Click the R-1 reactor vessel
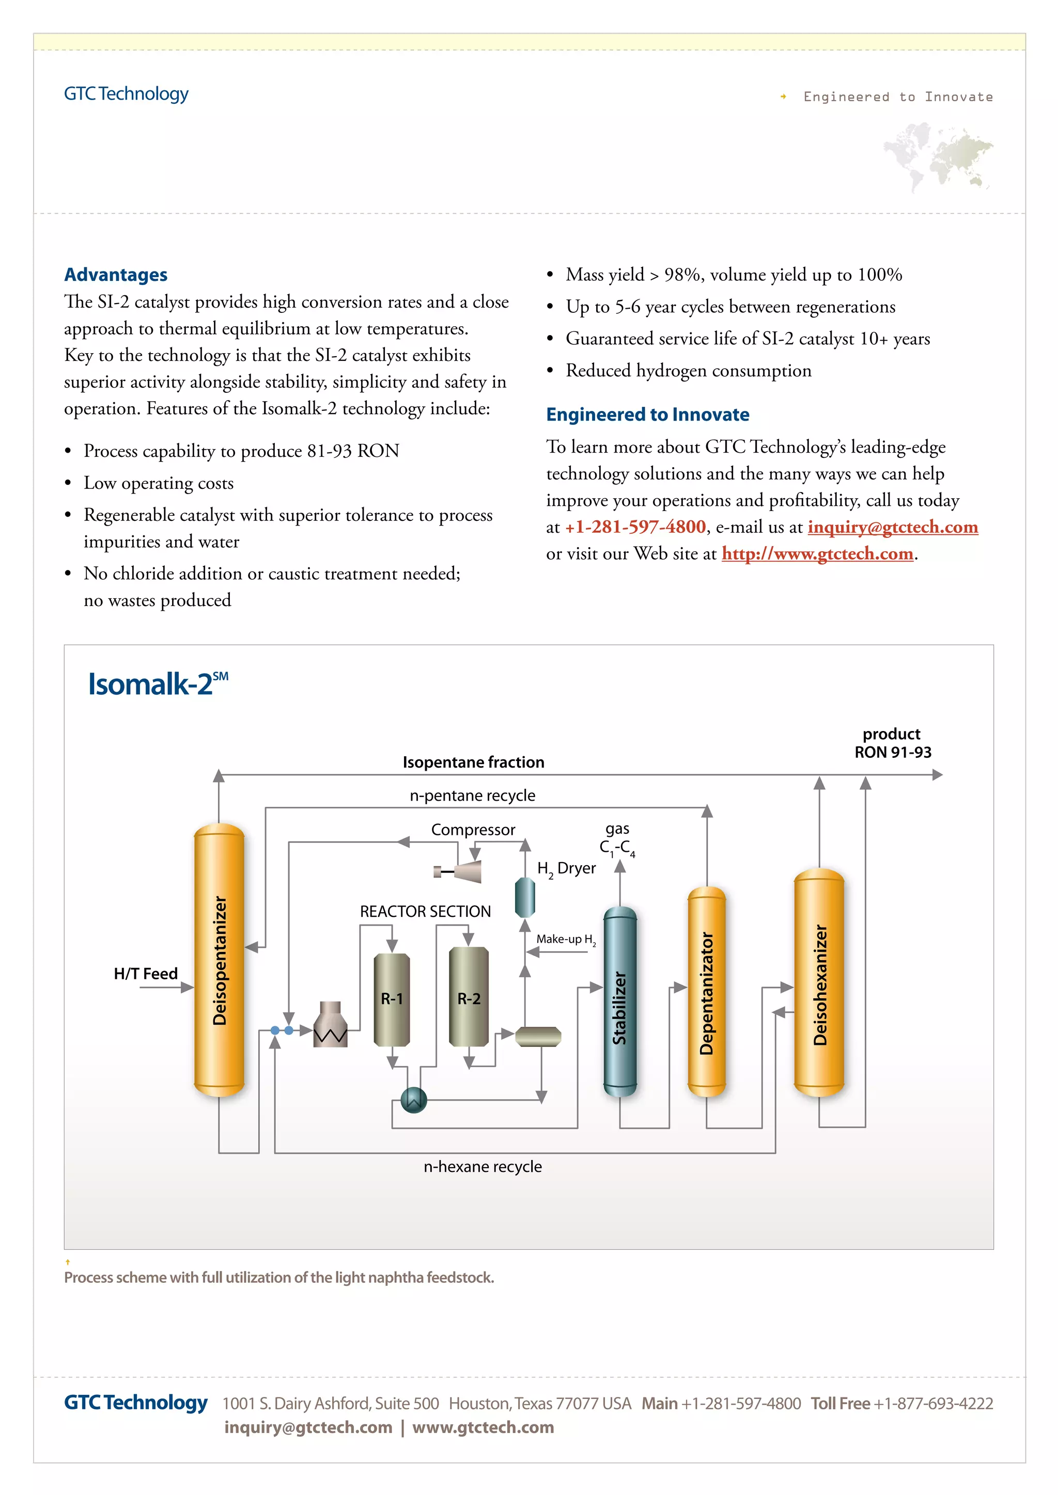[392, 999]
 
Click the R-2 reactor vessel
[469, 996]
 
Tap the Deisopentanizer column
[219, 960]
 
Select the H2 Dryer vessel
[524, 897]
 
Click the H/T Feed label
[145, 974]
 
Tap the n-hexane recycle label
[482, 1166]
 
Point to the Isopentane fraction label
[473, 762]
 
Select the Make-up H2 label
[566, 939]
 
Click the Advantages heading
[115, 275]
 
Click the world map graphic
[938, 156]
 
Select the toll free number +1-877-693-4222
[933, 1403]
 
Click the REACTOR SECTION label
[425, 912]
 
